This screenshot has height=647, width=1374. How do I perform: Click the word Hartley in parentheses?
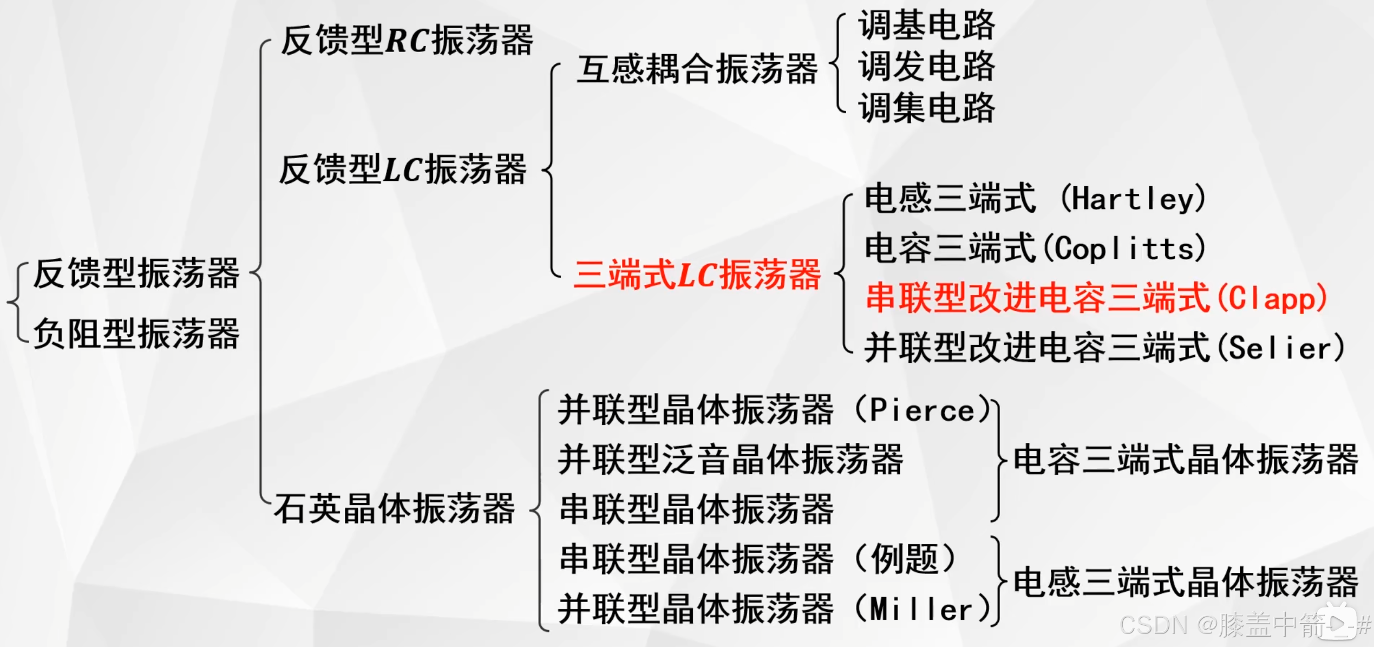tap(1133, 199)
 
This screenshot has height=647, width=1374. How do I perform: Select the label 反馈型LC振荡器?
tap(402, 169)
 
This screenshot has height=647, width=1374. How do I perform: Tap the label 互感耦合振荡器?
tap(696, 69)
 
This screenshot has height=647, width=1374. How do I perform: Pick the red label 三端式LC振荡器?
tap(697, 275)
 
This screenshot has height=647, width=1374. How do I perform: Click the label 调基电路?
tap(926, 25)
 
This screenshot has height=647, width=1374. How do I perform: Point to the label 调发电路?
tap(926, 66)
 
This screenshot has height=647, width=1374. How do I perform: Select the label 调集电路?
tap(926, 108)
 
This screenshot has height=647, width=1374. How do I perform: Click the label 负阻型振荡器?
tap(136, 334)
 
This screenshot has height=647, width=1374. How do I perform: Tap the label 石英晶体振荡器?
tap(394, 509)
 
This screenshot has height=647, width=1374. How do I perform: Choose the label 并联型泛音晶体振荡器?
tap(730, 460)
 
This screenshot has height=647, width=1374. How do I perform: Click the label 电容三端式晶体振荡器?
tap(1185, 460)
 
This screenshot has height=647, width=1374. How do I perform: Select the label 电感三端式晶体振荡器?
tap(1185, 583)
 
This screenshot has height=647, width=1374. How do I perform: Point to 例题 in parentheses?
tap(904, 559)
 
